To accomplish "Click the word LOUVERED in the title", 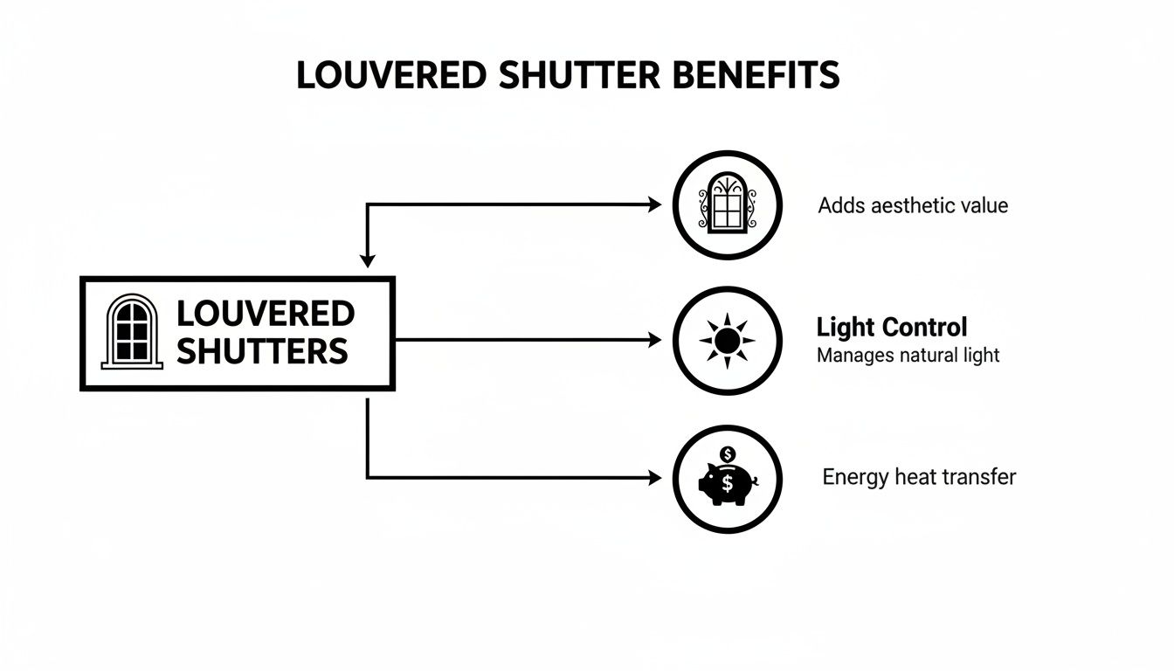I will [391, 76].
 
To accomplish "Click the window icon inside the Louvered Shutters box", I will [132, 331].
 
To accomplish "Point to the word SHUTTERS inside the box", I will [262, 351].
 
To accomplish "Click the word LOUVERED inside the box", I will [265, 313].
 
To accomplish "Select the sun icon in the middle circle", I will [727, 340].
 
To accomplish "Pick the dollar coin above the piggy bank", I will [729, 454].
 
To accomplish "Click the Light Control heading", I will [891, 327].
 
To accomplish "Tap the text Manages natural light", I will [908, 356].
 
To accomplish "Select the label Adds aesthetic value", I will [913, 205].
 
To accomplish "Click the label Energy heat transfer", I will [919, 477].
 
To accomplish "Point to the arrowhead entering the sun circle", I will [654, 340].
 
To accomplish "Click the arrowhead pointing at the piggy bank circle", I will [654, 477].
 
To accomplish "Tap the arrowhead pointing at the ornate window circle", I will [654, 204].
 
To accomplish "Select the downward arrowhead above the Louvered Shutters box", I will [368, 260].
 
